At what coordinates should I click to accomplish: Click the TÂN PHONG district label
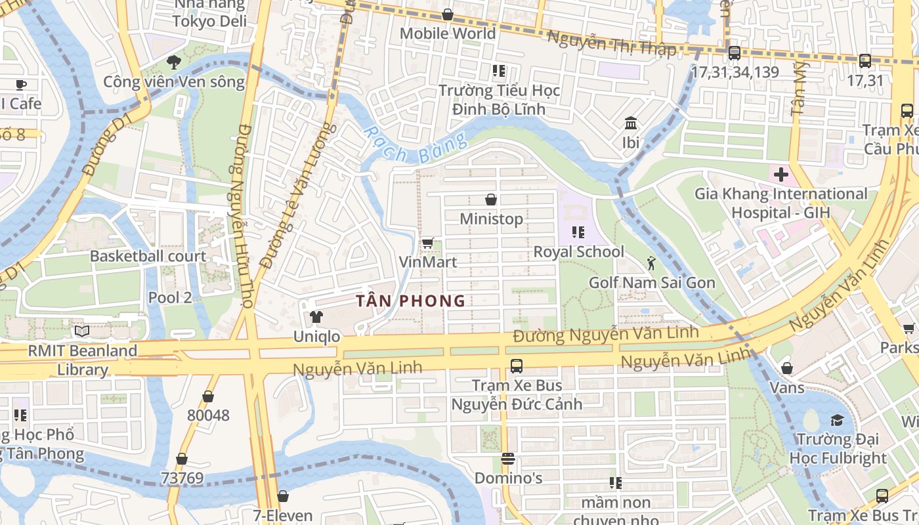[x=410, y=301]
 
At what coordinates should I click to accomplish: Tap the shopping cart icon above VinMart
[x=427, y=243]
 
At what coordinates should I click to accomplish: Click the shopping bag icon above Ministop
[x=490, y=199]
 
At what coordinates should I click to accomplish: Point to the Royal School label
[x=578, y=251]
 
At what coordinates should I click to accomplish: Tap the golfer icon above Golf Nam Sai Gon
[x=651, y=264]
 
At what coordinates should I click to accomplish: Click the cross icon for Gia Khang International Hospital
[x=780, y=175]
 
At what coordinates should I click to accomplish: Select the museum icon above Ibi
[x=631, y=123]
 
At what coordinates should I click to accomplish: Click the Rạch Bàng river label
[x=415, y=146]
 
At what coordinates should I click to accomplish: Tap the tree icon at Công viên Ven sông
[x=173, y=62]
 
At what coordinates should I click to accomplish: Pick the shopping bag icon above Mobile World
[x=448, y=14]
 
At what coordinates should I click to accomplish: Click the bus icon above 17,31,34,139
[x=735, y=53]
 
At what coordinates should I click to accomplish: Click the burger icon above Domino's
[x=507, y=458]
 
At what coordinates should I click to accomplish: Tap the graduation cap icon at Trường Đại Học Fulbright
[x=837, y=420]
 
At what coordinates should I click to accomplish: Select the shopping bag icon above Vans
[x=786, y=368]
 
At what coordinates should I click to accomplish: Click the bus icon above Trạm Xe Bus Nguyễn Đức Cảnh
[x=517, y=366]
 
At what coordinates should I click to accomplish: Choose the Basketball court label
[x=148, y=256]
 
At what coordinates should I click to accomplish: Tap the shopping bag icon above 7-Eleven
[x=283, y=496]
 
